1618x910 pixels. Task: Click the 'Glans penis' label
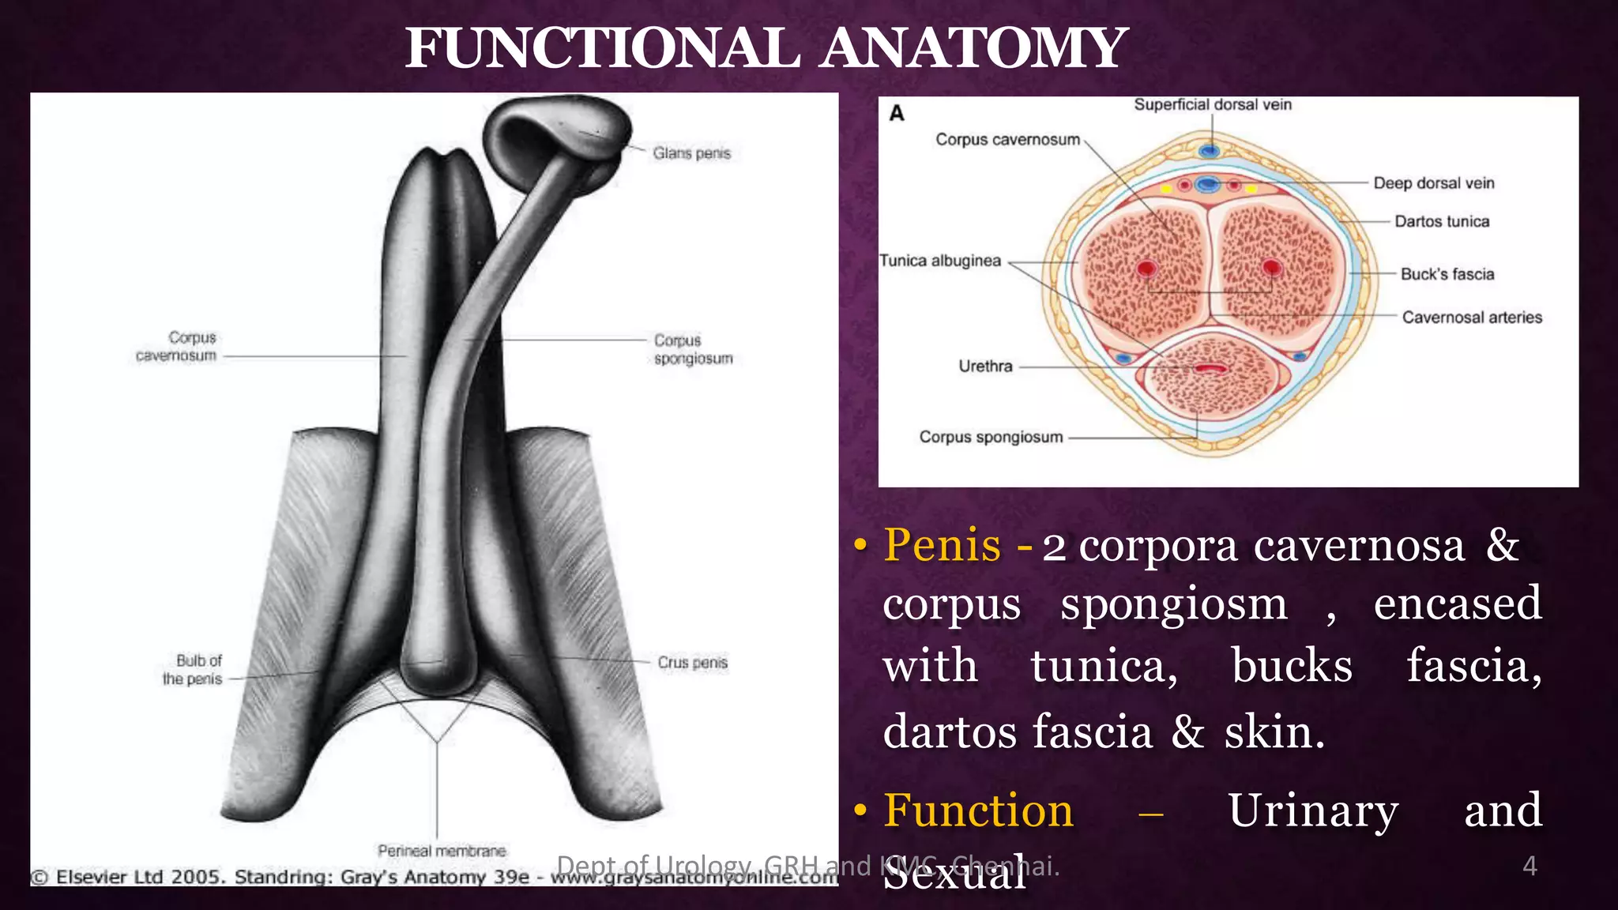(691, 153)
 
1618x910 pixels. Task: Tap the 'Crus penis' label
(692, 663)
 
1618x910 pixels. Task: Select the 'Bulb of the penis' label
(193, 670)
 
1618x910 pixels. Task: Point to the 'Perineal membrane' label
(442, 851)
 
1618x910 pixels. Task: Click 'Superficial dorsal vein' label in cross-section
(1213, 104)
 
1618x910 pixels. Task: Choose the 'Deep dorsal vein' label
(1434, 183)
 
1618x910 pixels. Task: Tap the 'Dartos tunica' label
(1442, 221)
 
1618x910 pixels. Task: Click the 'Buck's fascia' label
(1447, 274)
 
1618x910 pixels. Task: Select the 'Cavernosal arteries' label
(1472, 318)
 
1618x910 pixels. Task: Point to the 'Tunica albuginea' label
(940, 261)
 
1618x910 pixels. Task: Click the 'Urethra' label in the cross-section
(985, 367)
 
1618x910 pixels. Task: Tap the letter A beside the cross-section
(897, 114)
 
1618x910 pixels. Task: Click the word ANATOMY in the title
(973, 49)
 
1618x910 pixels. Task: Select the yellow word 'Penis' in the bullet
(943, 545)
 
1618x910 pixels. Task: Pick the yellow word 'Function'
(979, 811)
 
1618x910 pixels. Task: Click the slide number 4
(1530, 867)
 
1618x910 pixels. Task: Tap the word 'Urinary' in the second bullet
(1313, 811)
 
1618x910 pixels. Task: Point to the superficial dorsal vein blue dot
(1209, 150)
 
